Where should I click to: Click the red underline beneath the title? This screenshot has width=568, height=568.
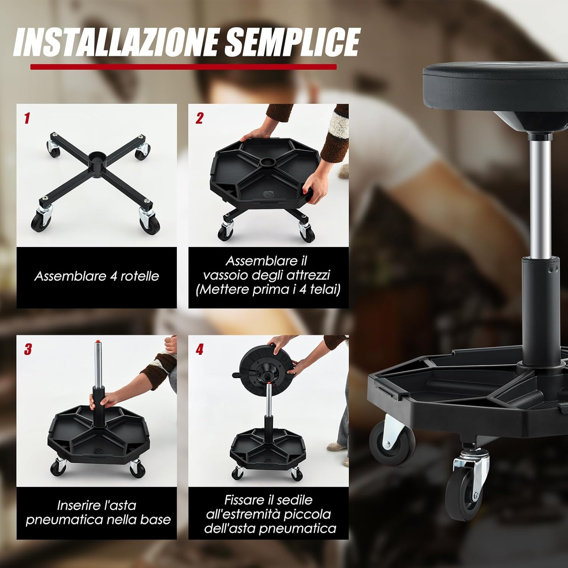(x=183, y=67)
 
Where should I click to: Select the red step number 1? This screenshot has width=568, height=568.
(x=27, y=119)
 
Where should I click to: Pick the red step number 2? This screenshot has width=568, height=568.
(x=200, y=119)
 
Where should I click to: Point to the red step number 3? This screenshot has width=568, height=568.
(x=28, y=349)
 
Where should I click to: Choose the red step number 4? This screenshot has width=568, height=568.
(x=200, y=349)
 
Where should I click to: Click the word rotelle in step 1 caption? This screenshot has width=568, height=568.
(x=140, y=276)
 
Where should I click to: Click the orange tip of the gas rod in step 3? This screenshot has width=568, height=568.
(x=98, y=342)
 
